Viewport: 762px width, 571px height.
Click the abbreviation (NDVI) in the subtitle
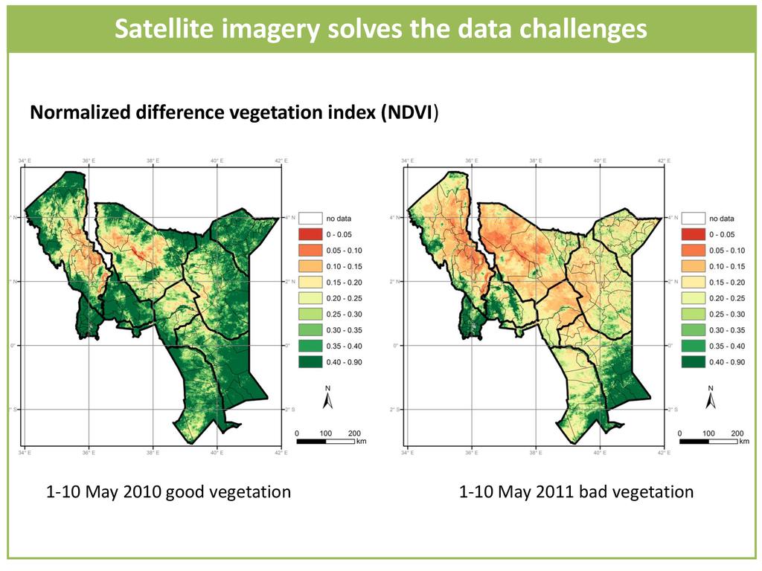pyautogui.click(x=409, y=113)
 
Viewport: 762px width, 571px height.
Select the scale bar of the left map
pyautogui.click(x=325, y=441)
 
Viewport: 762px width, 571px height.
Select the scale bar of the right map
pyautogui.click(x=709, y=441)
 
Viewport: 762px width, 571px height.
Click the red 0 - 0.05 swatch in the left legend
pyautogui.click(x=310, y=235)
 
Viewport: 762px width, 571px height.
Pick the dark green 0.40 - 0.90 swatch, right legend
pyautogui.click(x=694, y=361)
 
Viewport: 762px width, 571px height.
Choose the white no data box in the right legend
pyautogui.click(x=694, y=219)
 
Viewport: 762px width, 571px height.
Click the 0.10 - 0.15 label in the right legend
pyautogui.click(x=727, y=266)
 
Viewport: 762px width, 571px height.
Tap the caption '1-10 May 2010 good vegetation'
pyautogui.click(x=168, y=492)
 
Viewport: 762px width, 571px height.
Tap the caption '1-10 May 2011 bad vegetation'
pyautogui.click(x=576, y=492)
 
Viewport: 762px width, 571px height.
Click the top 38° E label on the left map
pyautogui.click(x=153, y=161)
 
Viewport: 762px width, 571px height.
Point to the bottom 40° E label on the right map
pyautogui.click(x=599, y=452)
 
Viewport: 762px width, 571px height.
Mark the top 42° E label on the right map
pyautogui.click(x=662, y=161)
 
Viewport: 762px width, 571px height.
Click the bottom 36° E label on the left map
pyautogui.click(x=89, y=452)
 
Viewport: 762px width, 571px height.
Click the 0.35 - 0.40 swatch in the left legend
pyautogui.click(x=310, y=346)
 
